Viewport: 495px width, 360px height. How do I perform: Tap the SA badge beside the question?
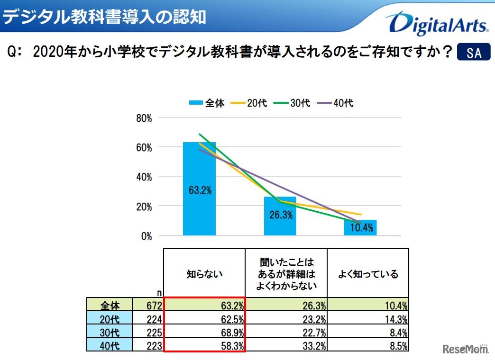(473, 53)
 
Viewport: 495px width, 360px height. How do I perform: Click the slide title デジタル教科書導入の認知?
(104, 17)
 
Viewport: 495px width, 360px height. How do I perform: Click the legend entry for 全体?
(207, 103)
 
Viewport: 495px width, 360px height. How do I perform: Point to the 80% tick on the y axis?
(144, 118)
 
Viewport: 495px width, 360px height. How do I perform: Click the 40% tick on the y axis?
(144, 177)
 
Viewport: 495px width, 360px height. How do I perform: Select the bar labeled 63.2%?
(199, 189)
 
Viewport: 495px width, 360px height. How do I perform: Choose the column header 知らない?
(204, 274)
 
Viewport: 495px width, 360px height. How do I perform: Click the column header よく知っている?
(368, 274)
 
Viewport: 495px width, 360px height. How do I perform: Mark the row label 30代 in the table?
(110, 332)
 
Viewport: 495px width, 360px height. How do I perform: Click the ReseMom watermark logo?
(466, 350)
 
